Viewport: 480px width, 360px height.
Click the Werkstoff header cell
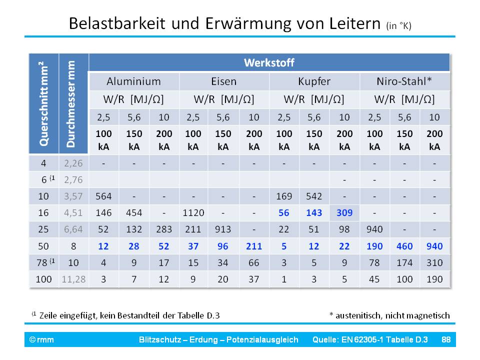[269, 62]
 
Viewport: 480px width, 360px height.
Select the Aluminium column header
[133, 81]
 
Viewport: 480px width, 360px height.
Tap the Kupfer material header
[314, 81]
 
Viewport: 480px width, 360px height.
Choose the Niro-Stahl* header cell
[405, 81]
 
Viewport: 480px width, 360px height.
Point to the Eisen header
[224, 81]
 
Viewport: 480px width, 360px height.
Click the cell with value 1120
[193, 213]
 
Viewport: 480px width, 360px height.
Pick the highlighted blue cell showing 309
[344, 213]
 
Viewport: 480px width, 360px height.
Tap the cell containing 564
[103, 196]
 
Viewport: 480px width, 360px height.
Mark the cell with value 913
[223, 229]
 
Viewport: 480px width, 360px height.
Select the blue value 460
[405, 246]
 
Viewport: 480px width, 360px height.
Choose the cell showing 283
[164, 229]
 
